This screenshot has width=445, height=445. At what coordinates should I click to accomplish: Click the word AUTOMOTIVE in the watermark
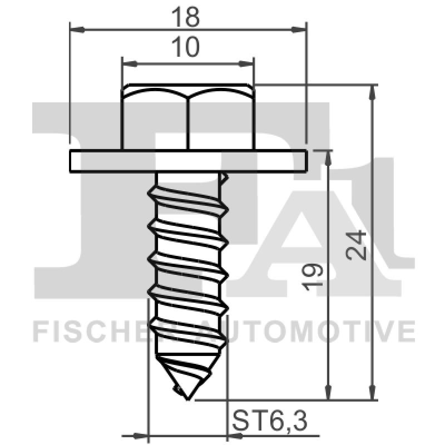pyautogui.click(x=311, y=332)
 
